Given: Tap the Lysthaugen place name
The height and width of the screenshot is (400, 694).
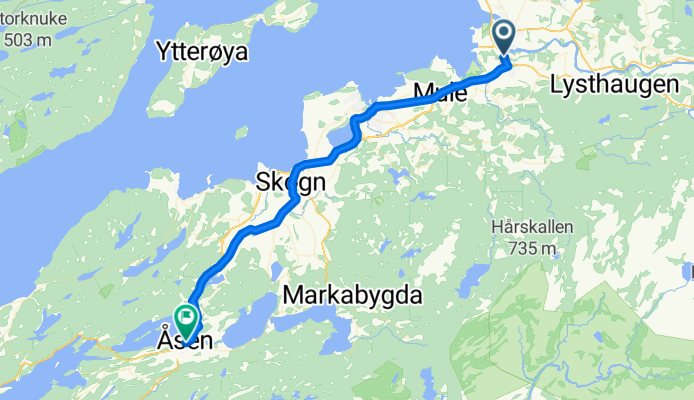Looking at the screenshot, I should tap(614, 85).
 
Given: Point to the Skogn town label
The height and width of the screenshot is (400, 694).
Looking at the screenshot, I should tap(291, 182).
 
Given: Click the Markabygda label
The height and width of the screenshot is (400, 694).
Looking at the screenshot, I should tap(354, 295).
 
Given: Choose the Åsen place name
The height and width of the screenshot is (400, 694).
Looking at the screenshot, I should tap(184, 342).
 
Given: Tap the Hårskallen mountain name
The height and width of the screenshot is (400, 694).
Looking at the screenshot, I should tap(532, 227).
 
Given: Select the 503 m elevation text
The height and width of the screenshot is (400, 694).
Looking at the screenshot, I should tap(27, 40).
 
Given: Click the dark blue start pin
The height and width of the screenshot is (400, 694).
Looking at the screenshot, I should tap(502, 37).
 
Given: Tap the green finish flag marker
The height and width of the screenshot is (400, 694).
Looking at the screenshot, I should tap(186, 319).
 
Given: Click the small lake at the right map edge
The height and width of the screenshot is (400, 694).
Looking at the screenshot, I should tap(689, 270).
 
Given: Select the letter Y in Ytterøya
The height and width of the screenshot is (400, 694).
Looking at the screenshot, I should tap(164, 50).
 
